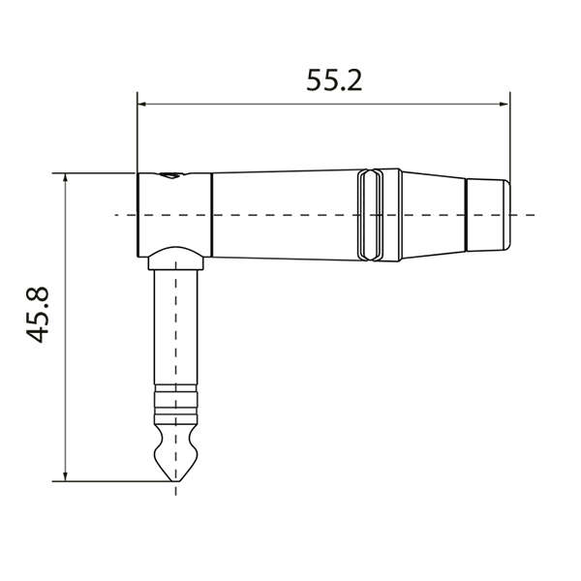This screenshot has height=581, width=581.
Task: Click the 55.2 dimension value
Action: [334, 79]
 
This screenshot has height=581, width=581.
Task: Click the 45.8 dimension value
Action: [40, 313]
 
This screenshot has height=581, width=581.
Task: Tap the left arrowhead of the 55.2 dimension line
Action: [141, 103]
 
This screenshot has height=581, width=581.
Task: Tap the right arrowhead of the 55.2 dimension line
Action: [505, 103]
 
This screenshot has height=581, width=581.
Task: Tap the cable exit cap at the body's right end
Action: [487, 214]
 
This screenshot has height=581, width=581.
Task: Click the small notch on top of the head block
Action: [171, 176]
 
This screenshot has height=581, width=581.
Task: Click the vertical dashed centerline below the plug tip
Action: [175, 489]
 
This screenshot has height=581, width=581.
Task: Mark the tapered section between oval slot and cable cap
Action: [431, 214]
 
